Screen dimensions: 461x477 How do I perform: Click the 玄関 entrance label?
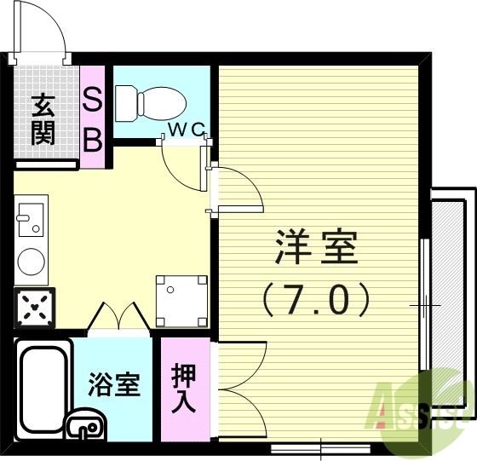[x=43, y=119]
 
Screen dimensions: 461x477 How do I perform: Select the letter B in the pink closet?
[x=93, y=139]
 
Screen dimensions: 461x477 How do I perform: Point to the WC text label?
[x=186, y=130]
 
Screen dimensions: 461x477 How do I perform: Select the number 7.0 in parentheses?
[x=316, y=299]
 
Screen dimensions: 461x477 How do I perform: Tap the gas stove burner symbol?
[x=34, y=306]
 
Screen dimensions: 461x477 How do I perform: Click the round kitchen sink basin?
[x=32, y=261]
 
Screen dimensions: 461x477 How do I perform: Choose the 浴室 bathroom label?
[x=113, y=386]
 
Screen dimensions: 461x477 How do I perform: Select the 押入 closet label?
[x=184, y=389]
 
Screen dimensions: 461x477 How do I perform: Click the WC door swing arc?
[x=181, y=166]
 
